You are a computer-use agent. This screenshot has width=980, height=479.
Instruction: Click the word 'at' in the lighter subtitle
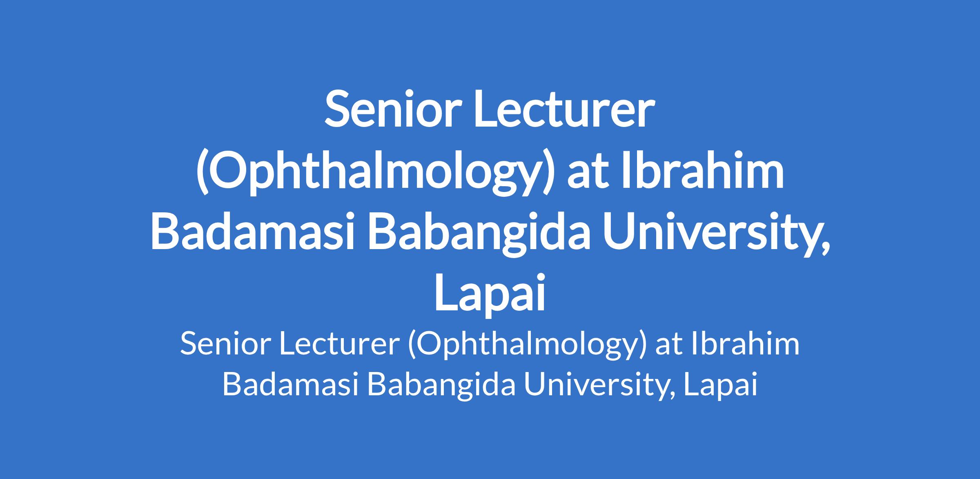coord(669,345)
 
